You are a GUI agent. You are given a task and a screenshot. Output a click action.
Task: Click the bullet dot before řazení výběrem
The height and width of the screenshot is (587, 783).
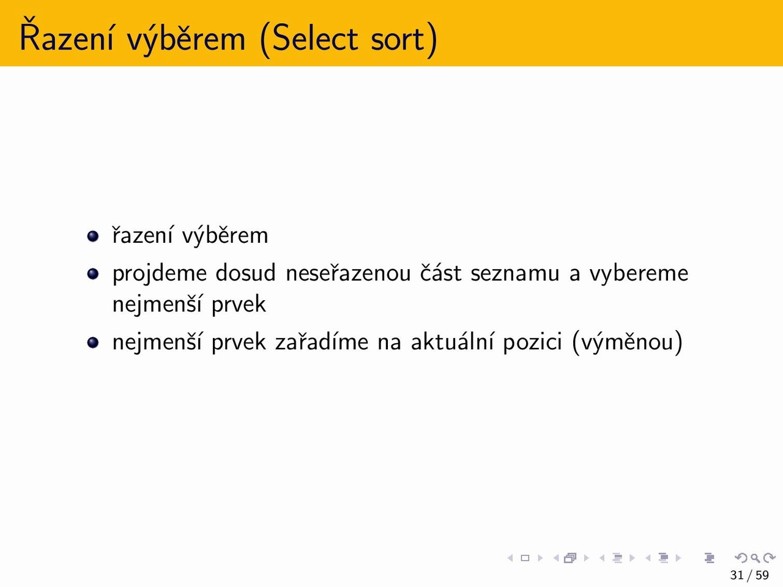point(93,236)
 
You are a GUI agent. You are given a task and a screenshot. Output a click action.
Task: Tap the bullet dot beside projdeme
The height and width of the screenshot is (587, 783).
point(93,274)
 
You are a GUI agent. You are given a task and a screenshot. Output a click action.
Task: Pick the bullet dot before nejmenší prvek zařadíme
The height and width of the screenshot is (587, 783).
point(93,342)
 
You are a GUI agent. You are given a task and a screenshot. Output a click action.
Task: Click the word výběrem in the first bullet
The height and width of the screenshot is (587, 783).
point(225,237)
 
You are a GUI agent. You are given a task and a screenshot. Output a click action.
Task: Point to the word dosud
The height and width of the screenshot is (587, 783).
point(246,273)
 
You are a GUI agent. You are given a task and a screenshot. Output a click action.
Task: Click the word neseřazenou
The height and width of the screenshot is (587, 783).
point(348,273)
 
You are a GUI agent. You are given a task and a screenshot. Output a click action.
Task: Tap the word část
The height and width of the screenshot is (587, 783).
point(440,273)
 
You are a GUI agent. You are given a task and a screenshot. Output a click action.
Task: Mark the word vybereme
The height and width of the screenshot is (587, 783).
point(639,275)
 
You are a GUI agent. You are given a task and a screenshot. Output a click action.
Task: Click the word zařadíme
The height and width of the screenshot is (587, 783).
point(321,341)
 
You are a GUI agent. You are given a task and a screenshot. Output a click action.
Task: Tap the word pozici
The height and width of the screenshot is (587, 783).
point(533,343)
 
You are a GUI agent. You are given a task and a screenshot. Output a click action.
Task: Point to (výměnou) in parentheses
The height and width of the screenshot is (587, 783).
point(628,343)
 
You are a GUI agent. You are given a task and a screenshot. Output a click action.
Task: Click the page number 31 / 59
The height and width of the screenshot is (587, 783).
point(749,575)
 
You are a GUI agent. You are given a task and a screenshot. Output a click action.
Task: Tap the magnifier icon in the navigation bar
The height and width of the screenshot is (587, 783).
point(755,558)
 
